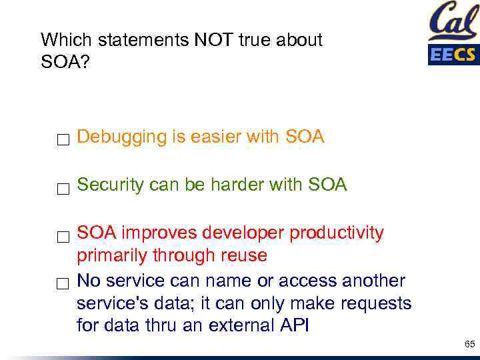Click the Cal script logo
453,22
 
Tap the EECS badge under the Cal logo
453,54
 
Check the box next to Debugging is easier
63,140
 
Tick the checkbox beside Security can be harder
63,188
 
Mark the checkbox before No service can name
63,284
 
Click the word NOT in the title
215,41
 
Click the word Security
110,185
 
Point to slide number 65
469,345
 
